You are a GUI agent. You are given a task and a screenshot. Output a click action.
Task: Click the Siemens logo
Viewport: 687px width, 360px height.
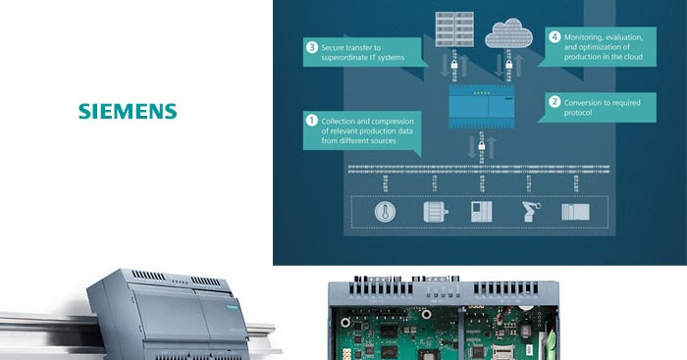coord(128,110)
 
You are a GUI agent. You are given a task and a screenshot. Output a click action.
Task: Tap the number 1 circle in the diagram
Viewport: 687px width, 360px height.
coord(312,119)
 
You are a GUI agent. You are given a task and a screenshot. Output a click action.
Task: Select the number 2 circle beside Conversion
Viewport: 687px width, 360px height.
coord(554,101)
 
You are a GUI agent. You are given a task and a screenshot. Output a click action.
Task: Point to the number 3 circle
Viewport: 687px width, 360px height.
coord(312,47)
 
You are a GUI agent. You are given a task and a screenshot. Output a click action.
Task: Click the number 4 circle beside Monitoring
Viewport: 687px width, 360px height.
coord(554,37)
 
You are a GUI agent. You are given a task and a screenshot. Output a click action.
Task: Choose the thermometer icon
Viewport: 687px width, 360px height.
coord(383,212)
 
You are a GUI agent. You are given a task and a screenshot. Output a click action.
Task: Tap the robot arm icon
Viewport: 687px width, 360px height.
coord(528,212)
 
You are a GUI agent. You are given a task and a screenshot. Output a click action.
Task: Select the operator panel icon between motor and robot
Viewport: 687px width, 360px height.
coord(480,212)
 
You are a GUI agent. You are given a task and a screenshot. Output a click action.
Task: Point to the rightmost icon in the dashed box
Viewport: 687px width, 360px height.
coord(575,212)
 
